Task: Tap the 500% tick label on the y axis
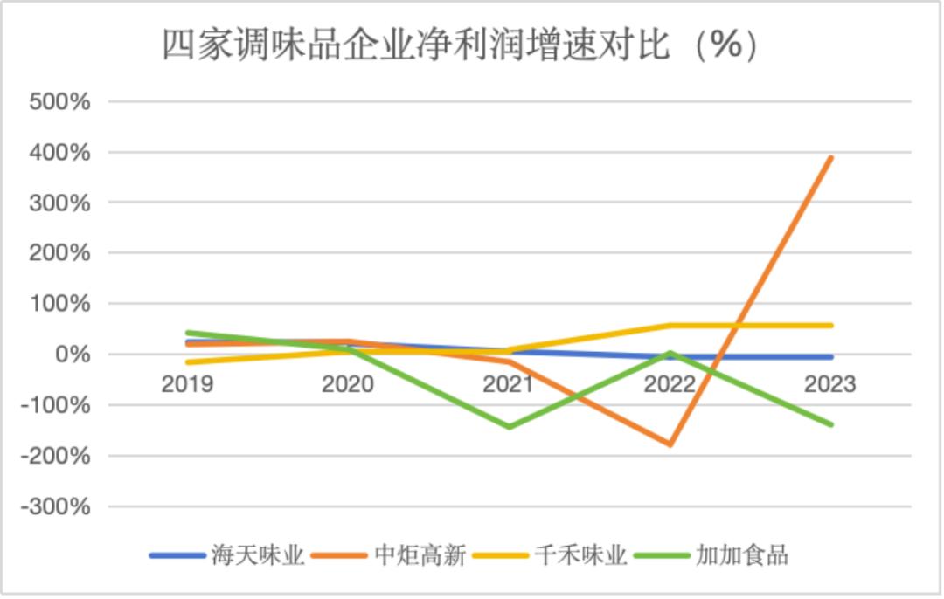[59, 101]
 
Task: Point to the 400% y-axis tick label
[59, 152]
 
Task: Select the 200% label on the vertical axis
[59, 253]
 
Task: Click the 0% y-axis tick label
[72, 355]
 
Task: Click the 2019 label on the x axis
[187, 384]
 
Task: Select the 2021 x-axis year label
[508, 384]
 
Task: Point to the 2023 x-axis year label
[829, 384]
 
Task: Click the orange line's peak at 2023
[830, 158]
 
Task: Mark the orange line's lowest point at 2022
[670, 444]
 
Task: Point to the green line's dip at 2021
[508, 427]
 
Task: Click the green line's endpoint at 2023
[830, 424]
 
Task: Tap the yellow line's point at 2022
[670, 326]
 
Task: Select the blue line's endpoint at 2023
[830, 357]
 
